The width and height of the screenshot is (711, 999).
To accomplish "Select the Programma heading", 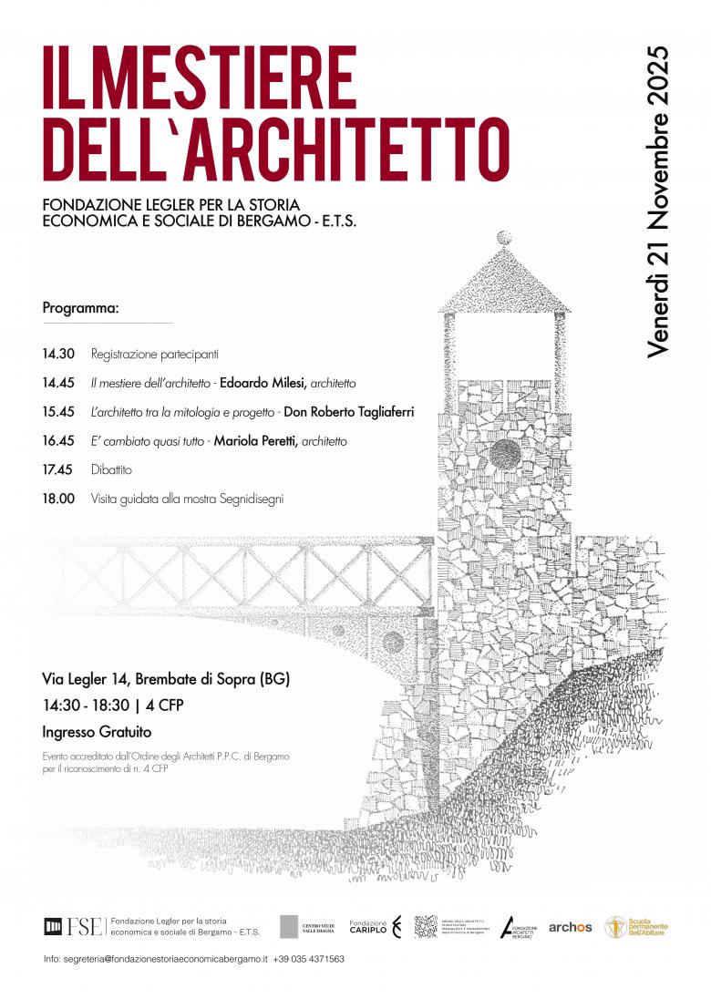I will click(80, 308).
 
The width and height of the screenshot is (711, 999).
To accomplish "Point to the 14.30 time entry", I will click(57, 354).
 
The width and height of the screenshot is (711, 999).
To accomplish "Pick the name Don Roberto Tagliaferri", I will click(349, 412).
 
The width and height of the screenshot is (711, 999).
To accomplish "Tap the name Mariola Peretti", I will click(255, 441).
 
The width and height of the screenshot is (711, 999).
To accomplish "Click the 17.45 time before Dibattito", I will click(57, 470).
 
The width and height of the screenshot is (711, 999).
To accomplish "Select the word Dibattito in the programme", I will click(111, 470).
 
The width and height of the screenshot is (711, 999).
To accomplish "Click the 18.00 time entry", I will click(57, 499).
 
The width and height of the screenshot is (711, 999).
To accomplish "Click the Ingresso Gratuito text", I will click(97, 731).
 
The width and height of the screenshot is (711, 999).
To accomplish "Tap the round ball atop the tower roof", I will click(503, 238).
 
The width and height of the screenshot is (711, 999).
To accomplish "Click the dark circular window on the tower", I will click(504, 453).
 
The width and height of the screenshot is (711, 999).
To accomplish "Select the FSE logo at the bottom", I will click(73, 927).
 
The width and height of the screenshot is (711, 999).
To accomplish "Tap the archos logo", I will click(570, 927).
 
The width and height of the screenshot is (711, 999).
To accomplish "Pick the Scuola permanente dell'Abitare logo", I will click(636, 927).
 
